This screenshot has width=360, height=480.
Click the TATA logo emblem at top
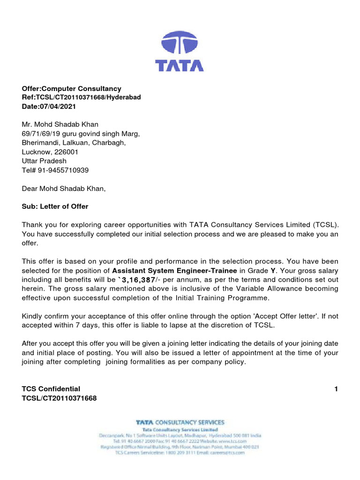tap(180, 43)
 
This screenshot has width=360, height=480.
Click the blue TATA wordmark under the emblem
tap(180, 65)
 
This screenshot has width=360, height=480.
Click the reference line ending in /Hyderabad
tap(81, 97)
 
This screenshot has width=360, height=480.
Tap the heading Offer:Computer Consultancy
tap(71, 89)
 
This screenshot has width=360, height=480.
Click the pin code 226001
tap(66, 152)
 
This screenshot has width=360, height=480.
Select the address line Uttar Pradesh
tap(44, 161)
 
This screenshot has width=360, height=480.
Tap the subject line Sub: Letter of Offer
tap(55, 206)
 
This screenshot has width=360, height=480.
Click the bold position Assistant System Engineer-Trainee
tap(175, 270)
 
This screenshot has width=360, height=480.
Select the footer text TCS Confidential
tap(51, 389)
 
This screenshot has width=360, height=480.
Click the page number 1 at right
tap(336, 389)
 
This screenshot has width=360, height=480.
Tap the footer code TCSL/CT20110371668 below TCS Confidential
tap(59, 398)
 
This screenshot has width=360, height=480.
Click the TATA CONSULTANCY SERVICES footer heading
tap(180, 422)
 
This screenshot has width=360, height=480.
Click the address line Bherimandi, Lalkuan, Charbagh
tap(74, 143)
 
